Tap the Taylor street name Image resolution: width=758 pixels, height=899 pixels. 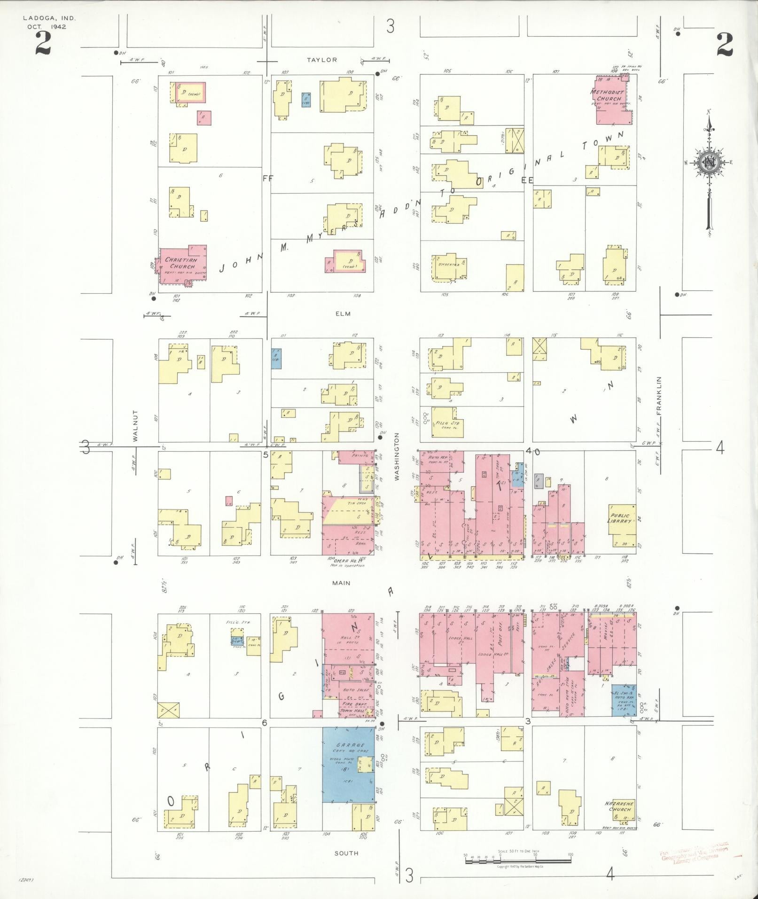pyautogui.click(x=322, y=60)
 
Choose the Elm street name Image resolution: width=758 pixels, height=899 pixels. pyautogui.click(x=343, y=313)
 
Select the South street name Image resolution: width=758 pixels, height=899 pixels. pyautogui.click(x=347, y=853)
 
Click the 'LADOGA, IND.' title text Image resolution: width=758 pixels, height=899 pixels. pyautogui.click(x=49, y=18)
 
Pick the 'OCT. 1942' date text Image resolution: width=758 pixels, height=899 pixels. pyautogui.click(x=47, y=27)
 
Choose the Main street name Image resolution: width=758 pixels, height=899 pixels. pyautogui.click(x=341, y=583)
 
